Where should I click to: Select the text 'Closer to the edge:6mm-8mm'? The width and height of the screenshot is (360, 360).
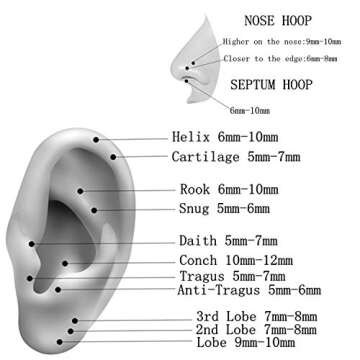click(281, 58)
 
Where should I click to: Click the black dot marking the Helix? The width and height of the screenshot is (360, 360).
click(96, 141)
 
